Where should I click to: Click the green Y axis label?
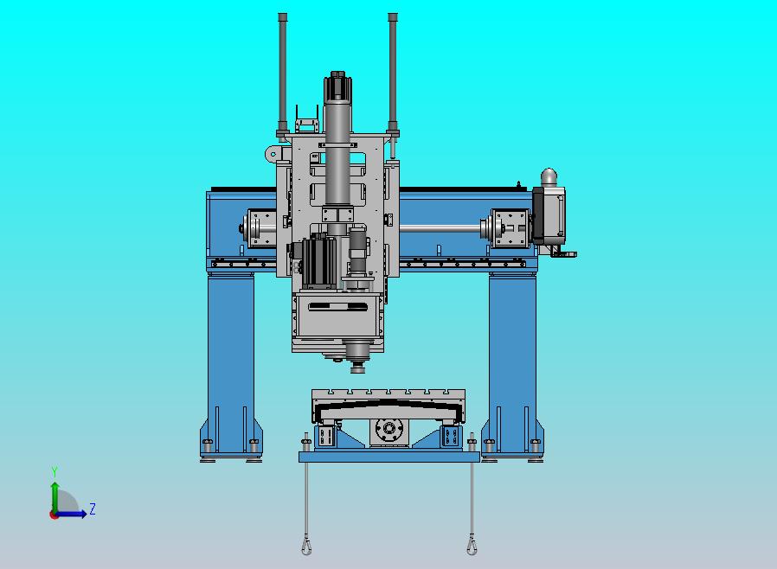click(55, 471)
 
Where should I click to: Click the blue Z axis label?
click(93, 508)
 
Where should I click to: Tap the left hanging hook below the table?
click(306, 546)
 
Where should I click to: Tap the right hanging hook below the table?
click(472, 546)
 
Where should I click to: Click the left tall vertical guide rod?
click(282, 72)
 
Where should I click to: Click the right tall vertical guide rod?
click(393, 72)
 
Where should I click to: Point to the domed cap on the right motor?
click(549, 176)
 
